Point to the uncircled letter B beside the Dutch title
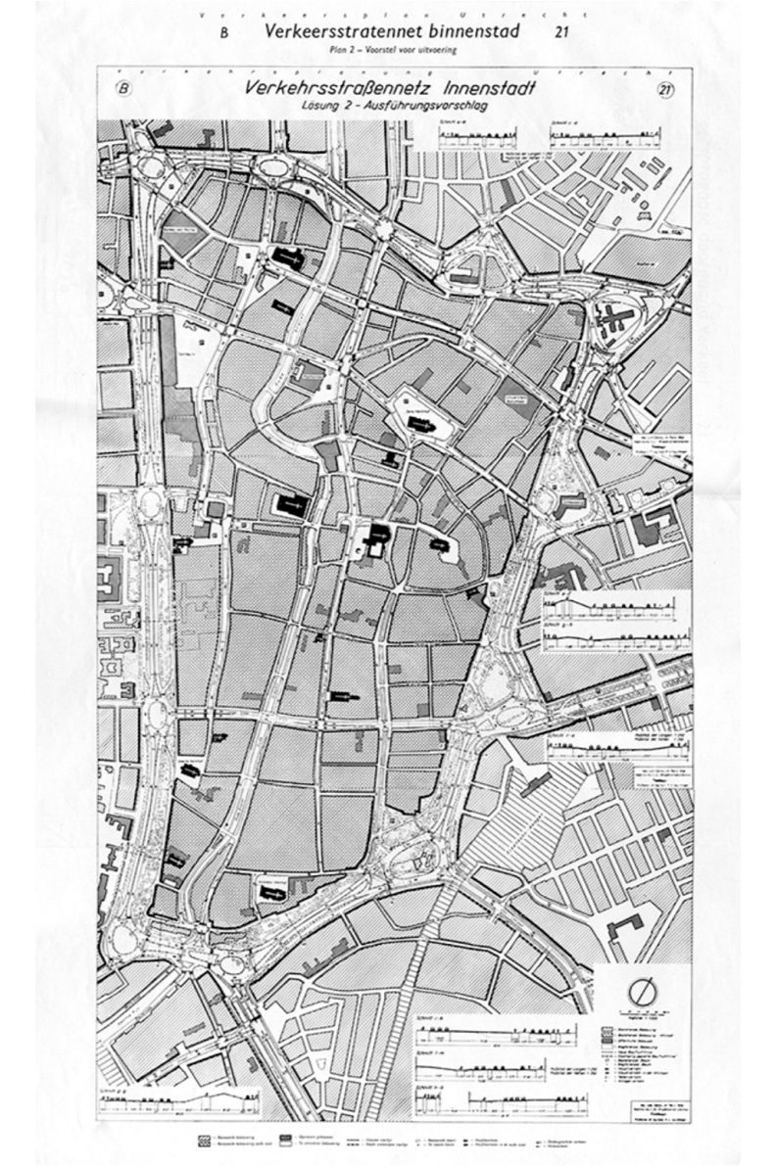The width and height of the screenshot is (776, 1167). (x=222, y=33)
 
